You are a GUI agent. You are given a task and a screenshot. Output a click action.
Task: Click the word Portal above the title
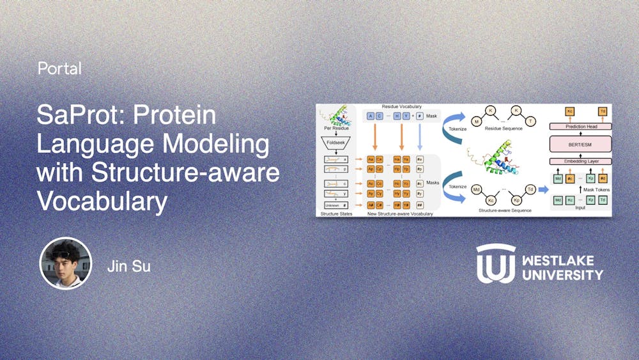(x=59, y=68)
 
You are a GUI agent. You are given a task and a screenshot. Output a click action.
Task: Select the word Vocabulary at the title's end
(x=102, y=202)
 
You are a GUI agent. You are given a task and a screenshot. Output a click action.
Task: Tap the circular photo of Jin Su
(x=66, y=263)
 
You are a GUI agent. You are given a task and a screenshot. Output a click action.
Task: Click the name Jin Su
(x=129, y=265)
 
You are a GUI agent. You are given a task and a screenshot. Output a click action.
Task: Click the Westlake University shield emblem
(x=495, y=263)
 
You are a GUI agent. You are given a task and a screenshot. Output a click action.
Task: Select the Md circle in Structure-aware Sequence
(x=475, y=189)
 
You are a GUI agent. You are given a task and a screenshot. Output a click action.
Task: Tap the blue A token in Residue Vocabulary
(x=370, y=116)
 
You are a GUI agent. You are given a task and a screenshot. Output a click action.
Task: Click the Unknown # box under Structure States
(x=337, y=204)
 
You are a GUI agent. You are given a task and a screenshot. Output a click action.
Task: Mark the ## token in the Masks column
(x=419, y=205)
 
